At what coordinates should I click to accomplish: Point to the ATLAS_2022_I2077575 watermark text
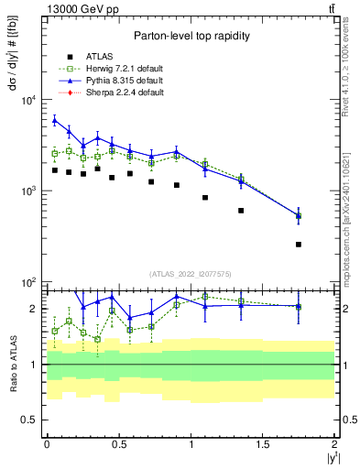point(190,274)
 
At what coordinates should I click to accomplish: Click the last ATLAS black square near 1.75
point(299,245)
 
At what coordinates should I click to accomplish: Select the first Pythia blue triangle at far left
point(55,120)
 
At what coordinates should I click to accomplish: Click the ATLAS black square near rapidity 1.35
point(241,211)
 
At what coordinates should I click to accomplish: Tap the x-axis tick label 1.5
point(263,443)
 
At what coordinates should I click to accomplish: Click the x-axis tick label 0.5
point(118,443)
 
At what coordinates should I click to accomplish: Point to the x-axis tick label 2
point(335,443)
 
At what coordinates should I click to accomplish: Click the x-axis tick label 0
point(47,443)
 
